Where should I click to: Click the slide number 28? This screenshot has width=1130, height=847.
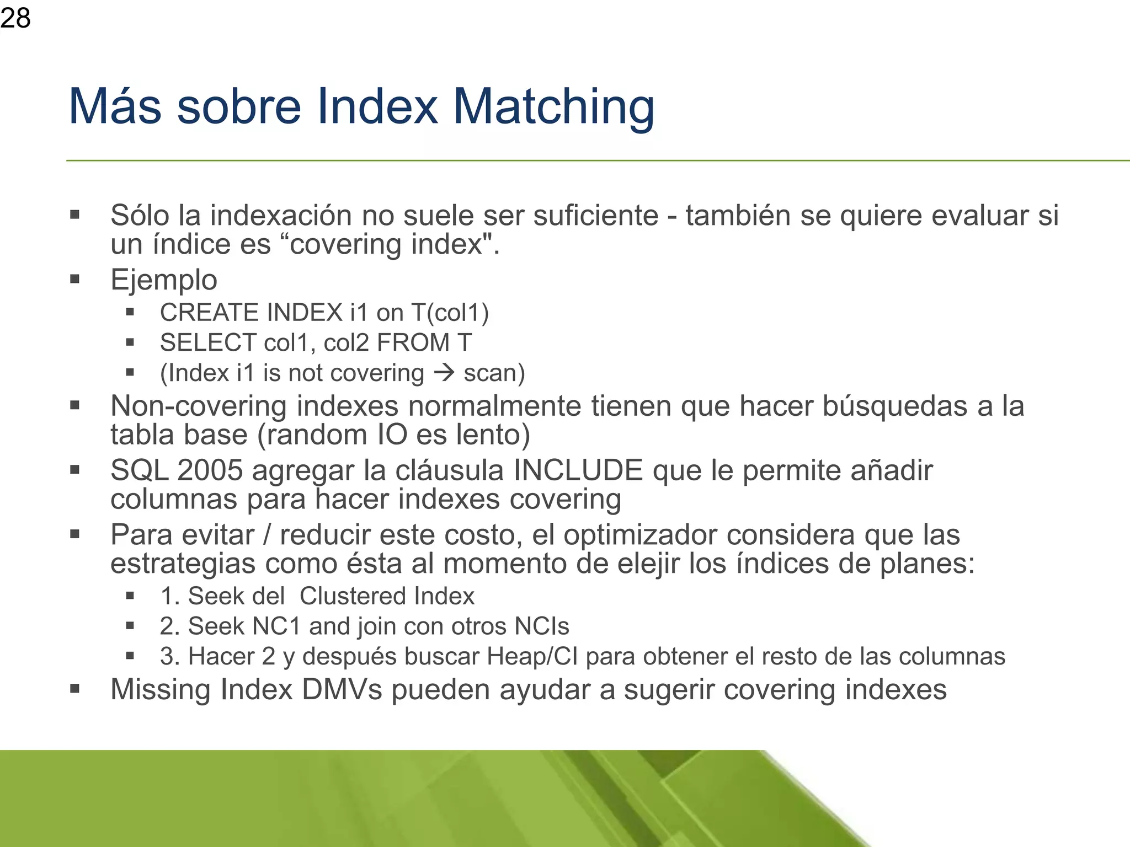(15, 18)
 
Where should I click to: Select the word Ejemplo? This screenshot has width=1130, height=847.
(164, 280)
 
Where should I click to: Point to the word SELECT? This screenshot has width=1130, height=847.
(208, 342)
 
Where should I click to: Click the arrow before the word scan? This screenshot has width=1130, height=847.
(444, 372)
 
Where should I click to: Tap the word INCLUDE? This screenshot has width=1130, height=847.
(578, 470)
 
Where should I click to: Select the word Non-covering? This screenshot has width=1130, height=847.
(199, 406)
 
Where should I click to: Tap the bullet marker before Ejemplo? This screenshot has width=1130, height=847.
(75, 279)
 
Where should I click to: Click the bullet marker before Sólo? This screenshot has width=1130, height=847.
(75, 215)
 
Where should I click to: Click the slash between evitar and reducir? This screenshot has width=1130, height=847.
(267, 535)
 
